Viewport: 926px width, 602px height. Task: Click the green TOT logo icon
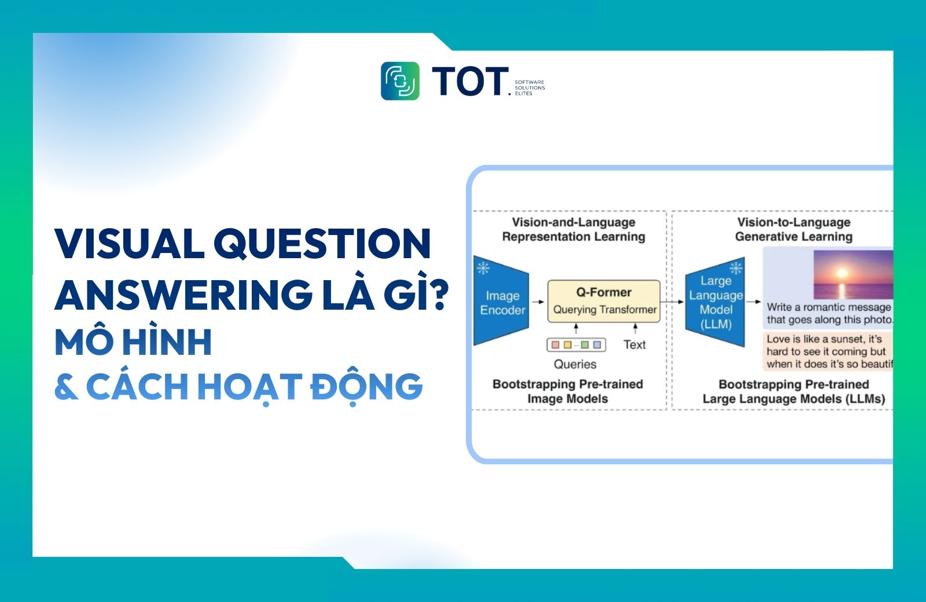tap(400, 81)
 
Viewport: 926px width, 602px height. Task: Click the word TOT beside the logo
tap(469, 81)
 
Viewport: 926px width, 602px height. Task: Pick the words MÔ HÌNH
tap(133, 342)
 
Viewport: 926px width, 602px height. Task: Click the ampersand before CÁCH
tap(66, 387)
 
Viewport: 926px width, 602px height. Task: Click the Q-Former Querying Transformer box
tap(604, 301)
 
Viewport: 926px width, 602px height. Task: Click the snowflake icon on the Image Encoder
tap(483, 268)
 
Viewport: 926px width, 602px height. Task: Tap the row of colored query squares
tap(576, 345)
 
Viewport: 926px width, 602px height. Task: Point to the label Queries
tap(575, 364)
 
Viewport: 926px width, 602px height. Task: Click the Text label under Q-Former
tap(634, 345)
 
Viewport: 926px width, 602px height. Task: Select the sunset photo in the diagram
tap(853, 274)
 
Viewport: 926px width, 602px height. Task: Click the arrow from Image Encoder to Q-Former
tap(538, 302)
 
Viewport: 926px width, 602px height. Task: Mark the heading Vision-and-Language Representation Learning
tap(573, 229)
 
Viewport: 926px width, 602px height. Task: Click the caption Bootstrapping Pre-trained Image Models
tap(567, 391)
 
